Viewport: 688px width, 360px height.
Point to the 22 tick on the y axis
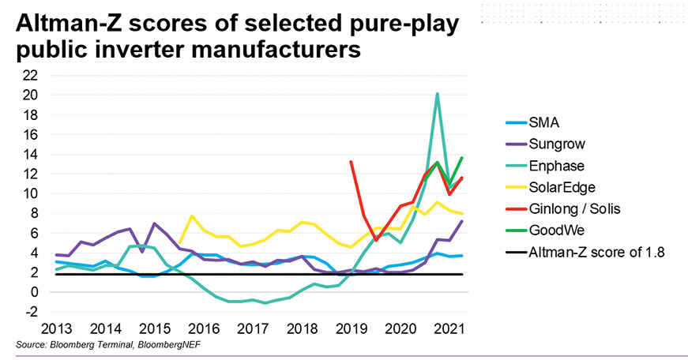(x=30, y=76)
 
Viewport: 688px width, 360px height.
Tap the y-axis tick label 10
(x=30, y=193)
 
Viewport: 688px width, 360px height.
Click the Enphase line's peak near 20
(x=437, y=94)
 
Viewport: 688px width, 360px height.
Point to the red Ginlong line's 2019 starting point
(x=351, y=162)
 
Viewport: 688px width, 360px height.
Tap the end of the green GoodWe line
(x=461, y=158)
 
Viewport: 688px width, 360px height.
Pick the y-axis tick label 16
(x=30, y=135)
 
